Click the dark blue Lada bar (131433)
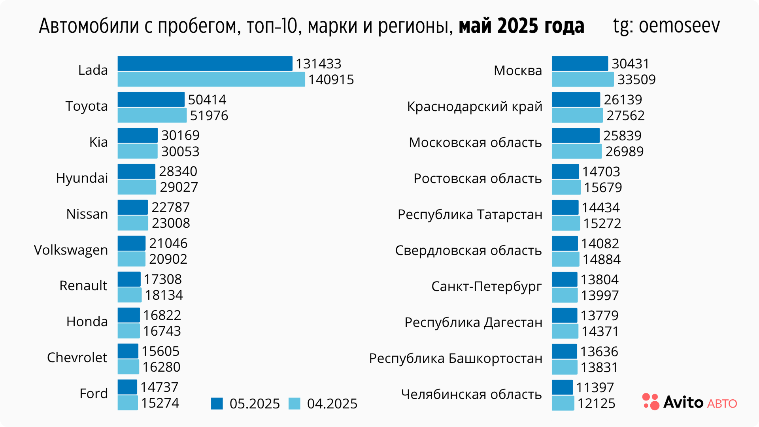[205, 64]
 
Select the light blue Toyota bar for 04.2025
[152, 115]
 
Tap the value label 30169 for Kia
[180, 135]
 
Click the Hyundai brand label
[82, 178]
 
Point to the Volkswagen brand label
[71, 250]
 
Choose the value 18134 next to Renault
[164, 295]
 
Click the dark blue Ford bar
[127, 387]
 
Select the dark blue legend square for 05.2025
[217, 403]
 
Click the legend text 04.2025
[332, 404]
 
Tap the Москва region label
[518, 71]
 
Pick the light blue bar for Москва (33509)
[583, 79]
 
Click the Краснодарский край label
[474, 107]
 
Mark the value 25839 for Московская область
[622, 136]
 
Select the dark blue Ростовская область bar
[565, 172]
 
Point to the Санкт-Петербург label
[486, 287]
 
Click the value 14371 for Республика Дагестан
[600, 331]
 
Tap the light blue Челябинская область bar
[563, 403]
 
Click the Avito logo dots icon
[651, 402]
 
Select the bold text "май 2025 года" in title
[521, 26]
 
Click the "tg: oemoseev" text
[666, 26]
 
